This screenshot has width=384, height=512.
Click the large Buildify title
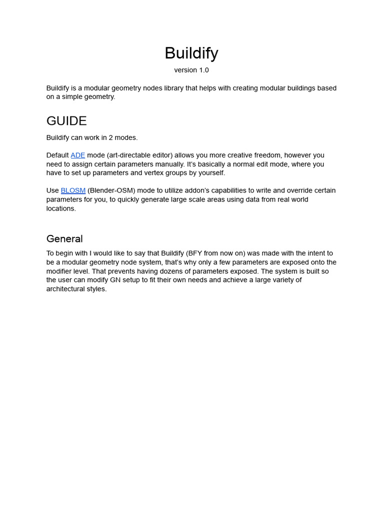191,53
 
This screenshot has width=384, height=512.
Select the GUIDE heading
66,121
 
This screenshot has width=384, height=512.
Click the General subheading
64,238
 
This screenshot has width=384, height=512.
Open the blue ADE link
77,155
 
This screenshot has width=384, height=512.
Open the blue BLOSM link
73,190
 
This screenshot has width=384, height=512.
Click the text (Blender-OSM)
111,190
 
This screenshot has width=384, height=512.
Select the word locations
61,208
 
